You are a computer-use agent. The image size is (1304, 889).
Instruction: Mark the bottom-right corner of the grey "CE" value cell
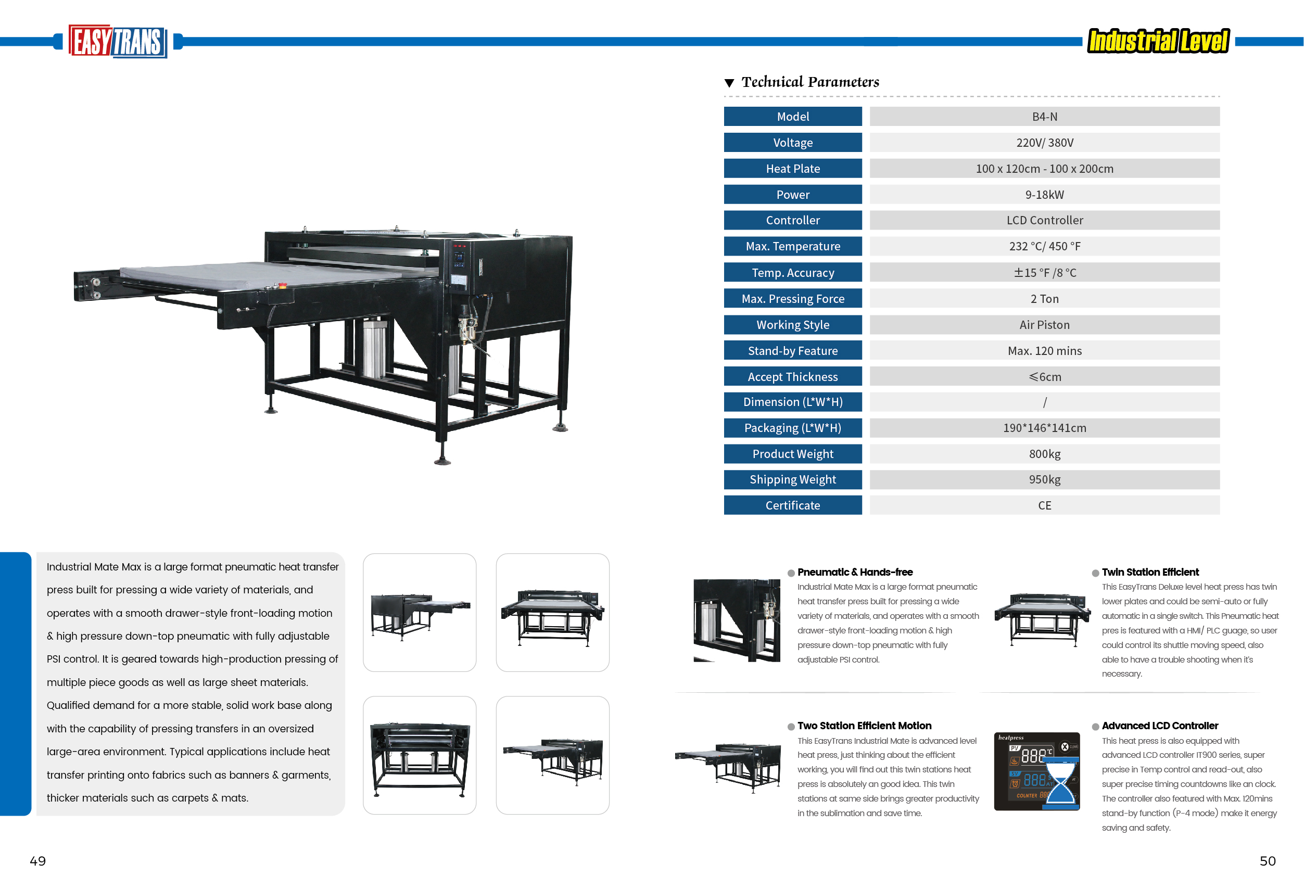[x=1220, y=514]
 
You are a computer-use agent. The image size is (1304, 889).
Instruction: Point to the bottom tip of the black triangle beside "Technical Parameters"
[x=729, y=87]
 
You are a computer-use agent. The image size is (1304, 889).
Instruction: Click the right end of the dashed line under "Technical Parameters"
[x=1220, y=96]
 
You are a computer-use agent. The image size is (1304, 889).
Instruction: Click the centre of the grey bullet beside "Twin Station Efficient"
[x=1095, y=573]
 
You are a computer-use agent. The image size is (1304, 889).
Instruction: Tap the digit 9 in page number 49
[x=42, y=861]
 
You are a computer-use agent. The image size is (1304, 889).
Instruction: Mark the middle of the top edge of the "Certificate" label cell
[x=793, y=496]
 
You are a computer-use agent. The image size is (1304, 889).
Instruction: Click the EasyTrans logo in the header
[x=118, y=41]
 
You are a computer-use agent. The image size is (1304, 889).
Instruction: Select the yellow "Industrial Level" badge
[x=1158, y=41]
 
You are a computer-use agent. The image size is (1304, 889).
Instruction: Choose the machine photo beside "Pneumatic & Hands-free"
[x=737, y=620]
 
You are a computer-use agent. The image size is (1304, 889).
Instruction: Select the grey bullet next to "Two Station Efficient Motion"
[x=791, y=726]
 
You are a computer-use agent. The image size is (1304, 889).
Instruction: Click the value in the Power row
[x=1044, y=195]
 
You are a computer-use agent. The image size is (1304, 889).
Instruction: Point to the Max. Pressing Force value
[x=1044, y=299]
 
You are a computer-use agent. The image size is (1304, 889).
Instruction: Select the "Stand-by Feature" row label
[x=793, y=351]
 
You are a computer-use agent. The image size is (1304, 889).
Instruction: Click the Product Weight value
[x=1044, y=454]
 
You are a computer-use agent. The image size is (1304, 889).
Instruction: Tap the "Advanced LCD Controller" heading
[x=1160, y=726]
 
